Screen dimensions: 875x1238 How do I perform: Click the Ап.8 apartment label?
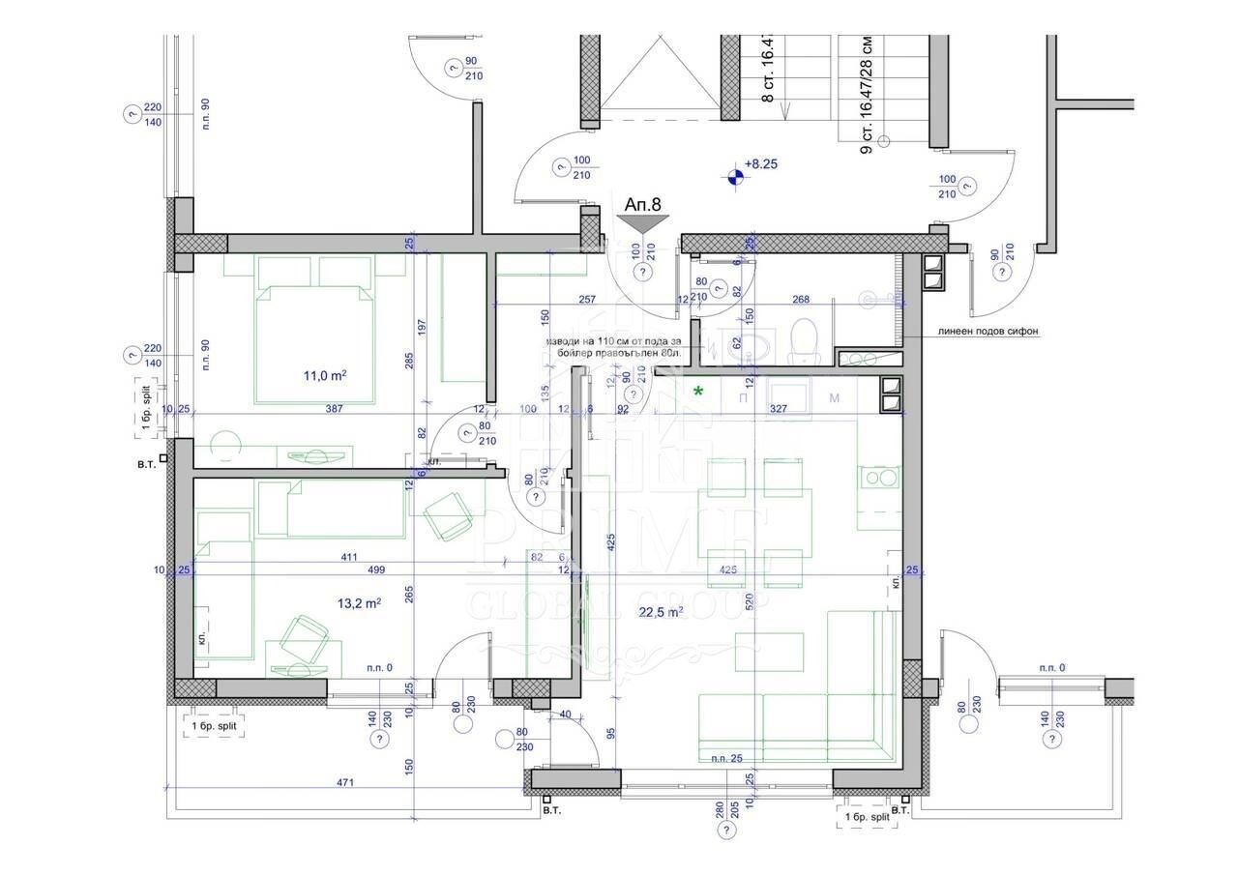coord(643,205)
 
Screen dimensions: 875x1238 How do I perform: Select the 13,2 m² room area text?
coord(359,602)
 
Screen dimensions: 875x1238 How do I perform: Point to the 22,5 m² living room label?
coord(662,611)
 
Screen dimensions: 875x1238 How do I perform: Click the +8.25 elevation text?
coord(761,164)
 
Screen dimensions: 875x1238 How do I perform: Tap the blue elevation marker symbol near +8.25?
coord(736,176)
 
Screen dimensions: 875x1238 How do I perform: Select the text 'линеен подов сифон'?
coord(987,331)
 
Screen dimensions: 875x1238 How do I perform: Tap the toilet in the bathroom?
coord(803,342)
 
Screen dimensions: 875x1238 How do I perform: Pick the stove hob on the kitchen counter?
coord(878,477)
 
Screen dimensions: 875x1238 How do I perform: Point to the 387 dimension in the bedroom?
coord(334,409)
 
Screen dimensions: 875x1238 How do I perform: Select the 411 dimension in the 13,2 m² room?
coord(349,557)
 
